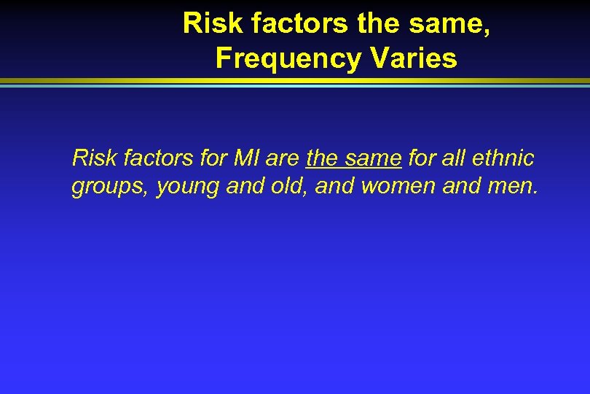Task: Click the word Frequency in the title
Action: [x=288, y=58]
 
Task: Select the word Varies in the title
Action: [x=414, y=58]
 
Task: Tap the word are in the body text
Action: [x=281, y=157]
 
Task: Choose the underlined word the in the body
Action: [x=323, y=157]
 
